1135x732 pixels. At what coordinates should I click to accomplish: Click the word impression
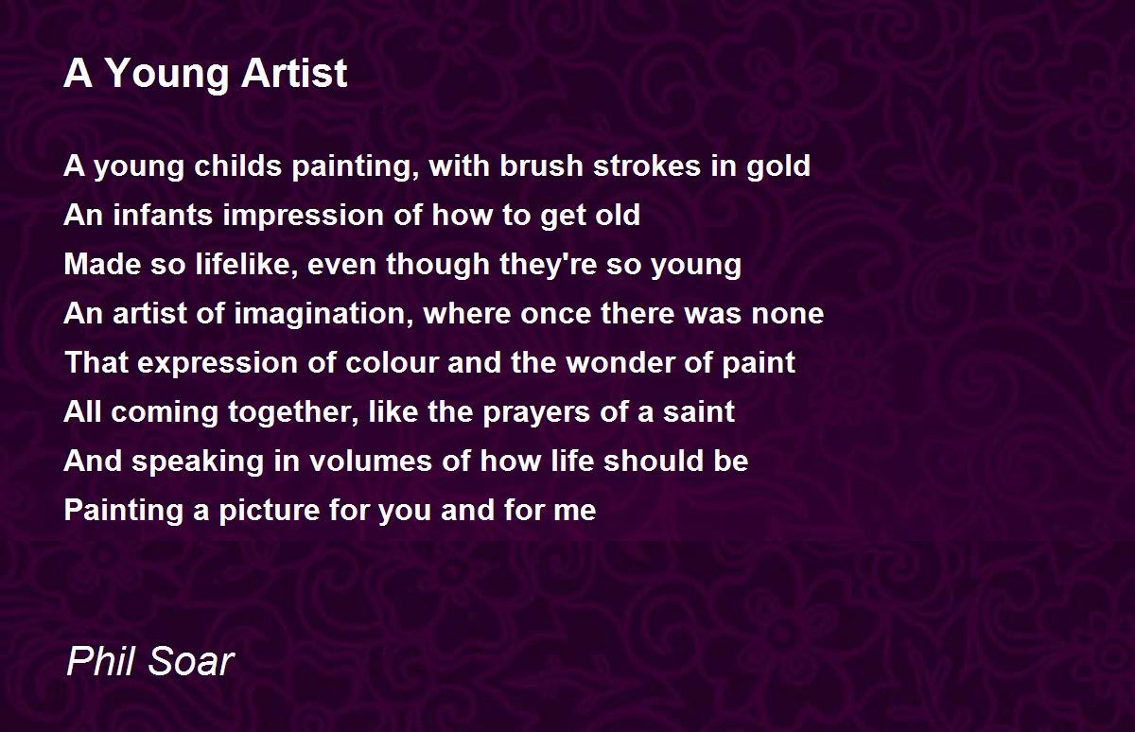pos(308,216)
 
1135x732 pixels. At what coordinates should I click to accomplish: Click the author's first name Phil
pos(98,662)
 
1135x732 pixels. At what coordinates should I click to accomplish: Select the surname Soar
pos(189,662)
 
